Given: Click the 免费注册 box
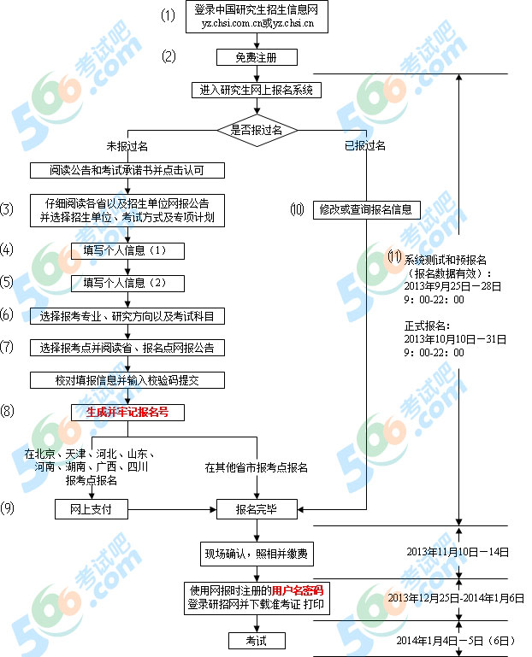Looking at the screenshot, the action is (x=257, y=57).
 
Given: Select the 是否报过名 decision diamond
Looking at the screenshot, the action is (x=257, y=130).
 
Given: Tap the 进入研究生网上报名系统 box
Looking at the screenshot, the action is (x=257, y=90).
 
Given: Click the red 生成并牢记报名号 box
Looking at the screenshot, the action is (x=127, y=413).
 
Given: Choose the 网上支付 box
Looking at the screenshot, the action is (x=92, y=509).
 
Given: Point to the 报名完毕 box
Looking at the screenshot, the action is (x=257, y=509).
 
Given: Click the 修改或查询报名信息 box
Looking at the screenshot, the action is (x=367, y=209).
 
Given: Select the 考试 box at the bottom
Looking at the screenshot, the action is (x=257, y=641).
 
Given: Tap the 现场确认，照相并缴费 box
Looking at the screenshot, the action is (x=257, y=554).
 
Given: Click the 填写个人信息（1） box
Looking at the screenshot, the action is (x=127, y=250).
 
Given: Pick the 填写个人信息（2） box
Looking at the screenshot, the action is (x=127, y=284).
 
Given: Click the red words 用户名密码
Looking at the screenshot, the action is (x=298, y=591).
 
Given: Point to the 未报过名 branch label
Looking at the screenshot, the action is (x=127, y=146).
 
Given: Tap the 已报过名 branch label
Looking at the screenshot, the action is (x=365, y=145).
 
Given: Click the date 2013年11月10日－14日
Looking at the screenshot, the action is (x=458, y=552).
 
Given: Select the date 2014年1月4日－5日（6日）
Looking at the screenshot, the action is (x=456, y=641).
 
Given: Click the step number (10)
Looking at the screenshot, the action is (x=297, y=209).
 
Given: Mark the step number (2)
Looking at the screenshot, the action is (x=168, y=56).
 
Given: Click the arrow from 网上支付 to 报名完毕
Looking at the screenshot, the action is (x=172, y=509).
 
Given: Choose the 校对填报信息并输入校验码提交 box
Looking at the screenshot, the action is (x=127, y=380).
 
